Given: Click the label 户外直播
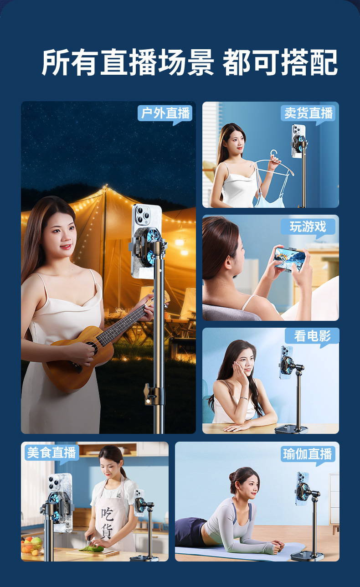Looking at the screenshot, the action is [x=165, y=113].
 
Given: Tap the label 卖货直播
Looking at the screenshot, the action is [x=309, y=113].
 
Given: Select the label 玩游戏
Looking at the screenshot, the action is [x=308, y=227].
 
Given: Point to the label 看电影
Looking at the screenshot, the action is [x=312, y=336].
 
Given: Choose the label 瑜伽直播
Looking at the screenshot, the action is [x=308, y=454].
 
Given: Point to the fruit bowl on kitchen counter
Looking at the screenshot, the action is [x=31, y=546].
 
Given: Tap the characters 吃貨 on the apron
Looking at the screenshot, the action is [x=108, y=523].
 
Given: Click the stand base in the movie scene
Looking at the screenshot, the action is [x=291, y=429].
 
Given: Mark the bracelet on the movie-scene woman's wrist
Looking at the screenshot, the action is [x=244, y=399].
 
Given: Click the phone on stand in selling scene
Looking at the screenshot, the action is [x=299, y=141].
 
